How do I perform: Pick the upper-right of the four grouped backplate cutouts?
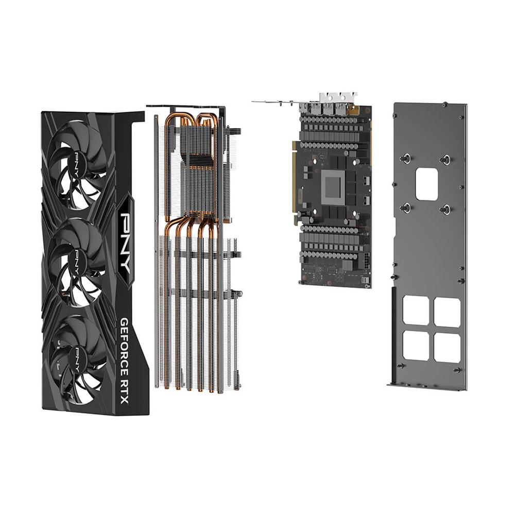[x=447, y=312]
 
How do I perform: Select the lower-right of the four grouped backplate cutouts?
[x=447, y=348]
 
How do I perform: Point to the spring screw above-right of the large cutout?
[x=445, y=160]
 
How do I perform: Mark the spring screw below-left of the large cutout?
[x=406, y=208]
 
